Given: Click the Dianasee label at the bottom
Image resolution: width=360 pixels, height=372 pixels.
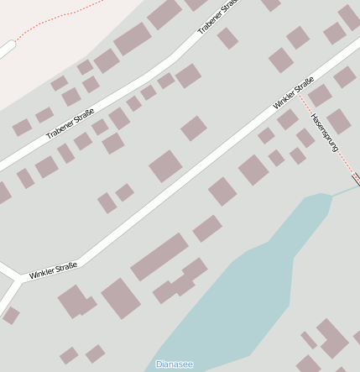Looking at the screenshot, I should click(174, 364).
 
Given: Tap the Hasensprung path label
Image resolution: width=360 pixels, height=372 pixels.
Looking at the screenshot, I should click(324, 133).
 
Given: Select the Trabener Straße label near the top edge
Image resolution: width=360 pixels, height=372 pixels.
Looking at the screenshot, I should click(213, 18).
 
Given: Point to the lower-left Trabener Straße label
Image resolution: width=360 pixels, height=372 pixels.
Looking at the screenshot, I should click(70, 126).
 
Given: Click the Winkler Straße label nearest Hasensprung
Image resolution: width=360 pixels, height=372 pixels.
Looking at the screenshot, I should click(293, 94).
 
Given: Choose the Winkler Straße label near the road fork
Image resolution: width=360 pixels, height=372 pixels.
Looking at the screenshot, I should click(53, 270).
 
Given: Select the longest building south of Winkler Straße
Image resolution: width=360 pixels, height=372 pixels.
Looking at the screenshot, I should click(159, 256).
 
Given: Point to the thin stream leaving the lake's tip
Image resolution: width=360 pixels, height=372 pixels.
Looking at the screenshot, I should click(344, 191).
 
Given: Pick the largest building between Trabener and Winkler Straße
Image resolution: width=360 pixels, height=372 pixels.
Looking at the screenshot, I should click(165, 165).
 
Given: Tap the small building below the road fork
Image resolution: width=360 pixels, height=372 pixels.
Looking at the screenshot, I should click(11, 316).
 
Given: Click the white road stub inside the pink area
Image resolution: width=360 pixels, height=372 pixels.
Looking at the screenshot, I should click(7, 50).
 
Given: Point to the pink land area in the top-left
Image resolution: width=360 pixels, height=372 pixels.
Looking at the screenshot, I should click(50, 50).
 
